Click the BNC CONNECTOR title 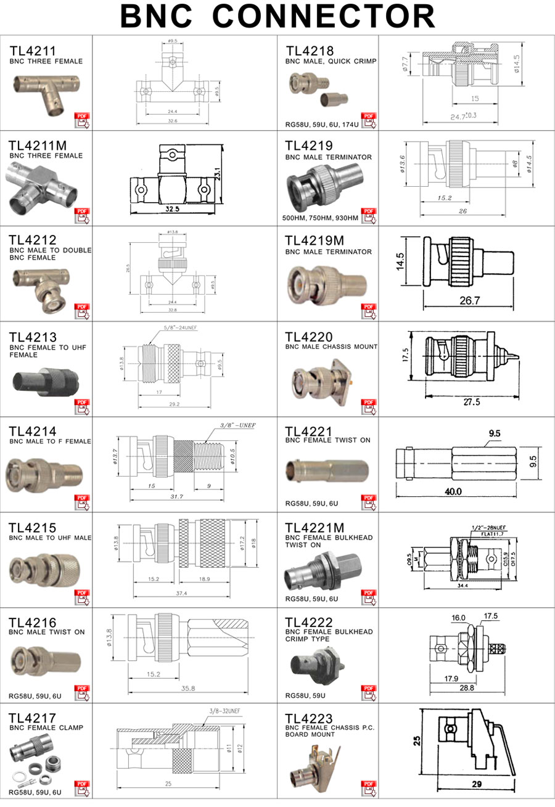pyautogui.click(x=277, y=17)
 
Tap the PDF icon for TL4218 pyautogui.click(x=369, y=120)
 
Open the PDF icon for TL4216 pyautogui.click(x=82, y=692)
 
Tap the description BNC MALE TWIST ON pyautogui.click(x=47, y=632)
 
